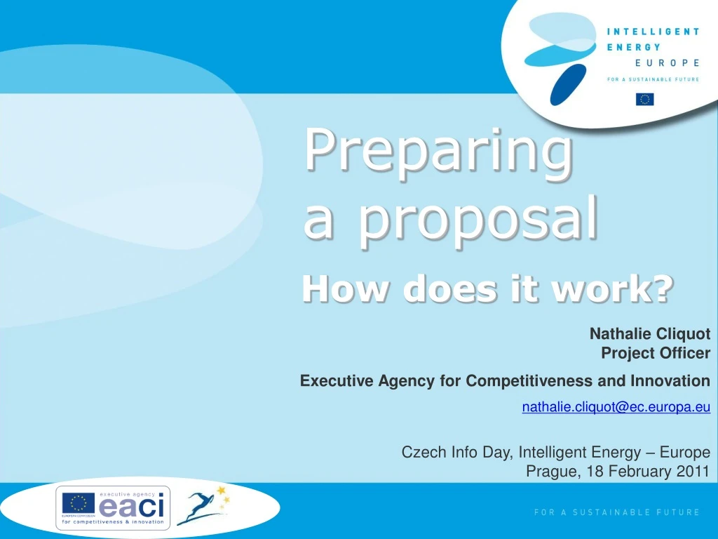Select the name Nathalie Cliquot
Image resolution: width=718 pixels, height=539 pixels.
[649, 334]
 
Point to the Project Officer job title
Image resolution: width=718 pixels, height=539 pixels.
[656, 353]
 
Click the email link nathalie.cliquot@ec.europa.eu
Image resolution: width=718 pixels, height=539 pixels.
[616, 406]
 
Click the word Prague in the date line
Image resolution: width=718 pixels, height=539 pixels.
[552, 471]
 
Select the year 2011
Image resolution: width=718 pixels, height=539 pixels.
[693, 471]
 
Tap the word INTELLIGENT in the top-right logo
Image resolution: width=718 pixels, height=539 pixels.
[653, 32]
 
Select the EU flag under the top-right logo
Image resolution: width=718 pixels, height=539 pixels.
[644, 99]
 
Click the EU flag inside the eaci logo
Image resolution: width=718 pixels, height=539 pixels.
[79, 503]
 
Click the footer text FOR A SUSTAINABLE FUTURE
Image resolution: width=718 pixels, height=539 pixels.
[616, 512]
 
